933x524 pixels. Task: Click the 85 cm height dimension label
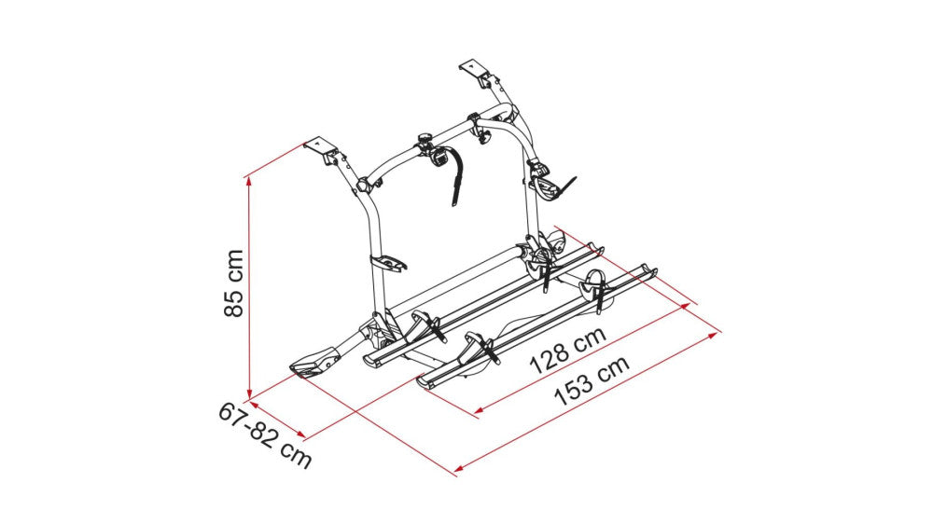pos(234,283)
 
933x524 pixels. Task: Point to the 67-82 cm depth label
pos(265,434)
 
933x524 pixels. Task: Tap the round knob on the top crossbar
pos(425,142)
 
